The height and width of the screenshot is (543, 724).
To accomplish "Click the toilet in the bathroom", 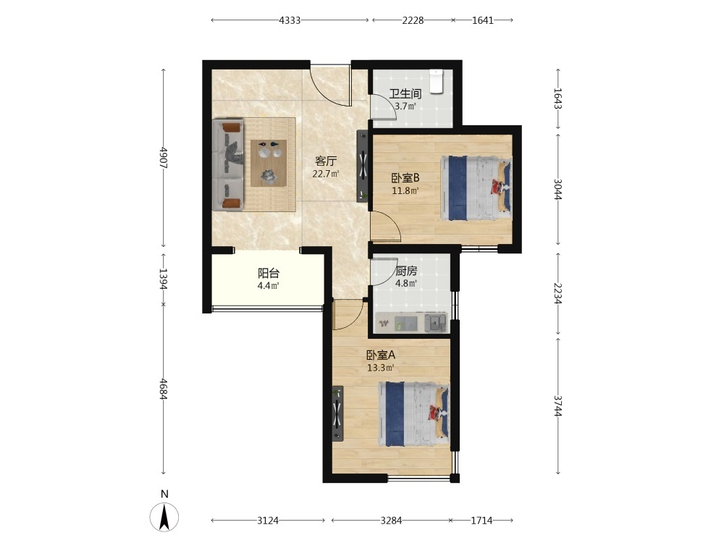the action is [436, 81].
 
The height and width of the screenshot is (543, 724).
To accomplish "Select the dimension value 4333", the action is [290, 20].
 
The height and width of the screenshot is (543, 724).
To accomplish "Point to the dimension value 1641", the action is [483, 20].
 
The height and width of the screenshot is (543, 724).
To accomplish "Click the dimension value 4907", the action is [163, 158].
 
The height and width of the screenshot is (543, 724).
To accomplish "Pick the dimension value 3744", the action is [558, 406].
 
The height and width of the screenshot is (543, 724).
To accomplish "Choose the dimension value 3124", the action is [268, 521].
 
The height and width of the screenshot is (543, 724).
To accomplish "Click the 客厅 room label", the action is [326, 161].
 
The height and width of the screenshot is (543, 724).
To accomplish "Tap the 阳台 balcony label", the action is [269, 273].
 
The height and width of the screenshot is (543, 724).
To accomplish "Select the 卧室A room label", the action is [381, 355].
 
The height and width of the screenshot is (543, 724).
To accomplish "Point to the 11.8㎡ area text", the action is [405, 190].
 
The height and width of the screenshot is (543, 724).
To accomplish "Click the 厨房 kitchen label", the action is [406, 271].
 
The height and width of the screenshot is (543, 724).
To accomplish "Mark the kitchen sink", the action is [435, 323].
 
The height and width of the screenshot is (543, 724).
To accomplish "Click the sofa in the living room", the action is [228, 165].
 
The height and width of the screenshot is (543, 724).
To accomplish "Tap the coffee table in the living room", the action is [269, 163].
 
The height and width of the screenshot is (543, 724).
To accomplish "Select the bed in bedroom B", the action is [476, 188].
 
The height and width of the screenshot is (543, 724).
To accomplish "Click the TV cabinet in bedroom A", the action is [338, 413].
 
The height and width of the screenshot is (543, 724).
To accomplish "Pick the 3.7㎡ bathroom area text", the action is [405, 106].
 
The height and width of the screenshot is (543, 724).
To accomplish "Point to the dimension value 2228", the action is [413, 20].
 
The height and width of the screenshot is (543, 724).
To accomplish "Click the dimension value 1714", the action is [481, 521].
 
